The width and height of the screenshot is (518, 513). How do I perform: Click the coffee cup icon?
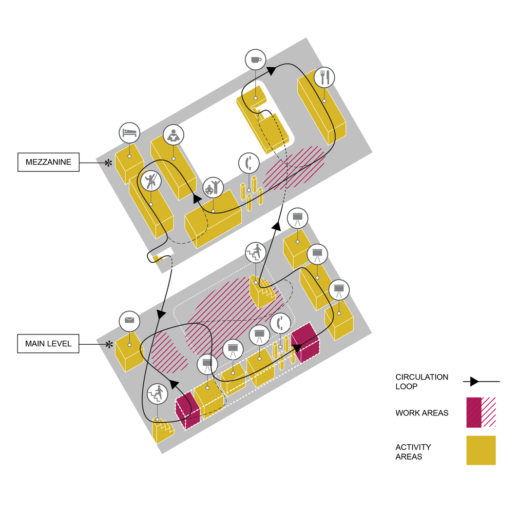coord(255,60)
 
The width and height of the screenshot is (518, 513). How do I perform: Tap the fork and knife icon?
coord(324,77)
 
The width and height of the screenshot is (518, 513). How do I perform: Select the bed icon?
coord(129,133)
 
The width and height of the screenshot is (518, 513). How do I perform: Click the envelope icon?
coord(129,321)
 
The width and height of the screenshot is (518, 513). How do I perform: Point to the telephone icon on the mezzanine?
coord(249,163)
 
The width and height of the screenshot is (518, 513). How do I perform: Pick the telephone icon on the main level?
coord(280,323)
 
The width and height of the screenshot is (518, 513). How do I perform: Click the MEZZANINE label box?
coord(48,163)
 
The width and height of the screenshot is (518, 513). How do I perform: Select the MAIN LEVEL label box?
coord(48,344)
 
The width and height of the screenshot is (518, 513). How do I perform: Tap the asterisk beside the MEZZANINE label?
coord(108,163)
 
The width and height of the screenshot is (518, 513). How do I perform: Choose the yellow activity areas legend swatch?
coord(481,450)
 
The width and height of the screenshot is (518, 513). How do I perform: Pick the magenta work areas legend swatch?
coord(481,412)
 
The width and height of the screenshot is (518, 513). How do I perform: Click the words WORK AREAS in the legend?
coord(421,413)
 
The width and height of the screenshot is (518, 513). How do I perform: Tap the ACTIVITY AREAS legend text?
coord(413,452)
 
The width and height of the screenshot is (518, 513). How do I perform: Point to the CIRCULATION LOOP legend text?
coord(421,382)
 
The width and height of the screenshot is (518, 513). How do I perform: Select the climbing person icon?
coord(151,181)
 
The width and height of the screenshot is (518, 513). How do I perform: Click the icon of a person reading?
coord(174,135)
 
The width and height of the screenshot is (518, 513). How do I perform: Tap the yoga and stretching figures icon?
coord(213,188)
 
